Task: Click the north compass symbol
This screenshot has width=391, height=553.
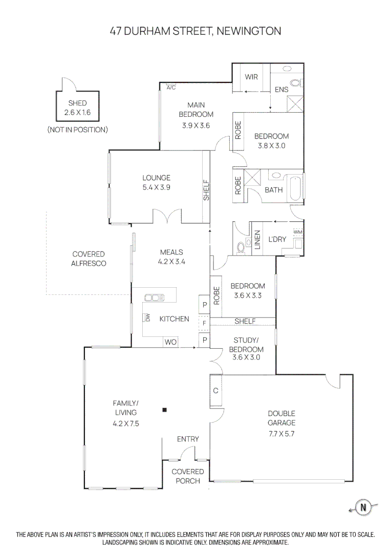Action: tap(364, 507)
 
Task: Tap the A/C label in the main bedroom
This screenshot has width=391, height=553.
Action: tap(171, 88)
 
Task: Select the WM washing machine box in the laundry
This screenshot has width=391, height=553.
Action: tap(297, 232)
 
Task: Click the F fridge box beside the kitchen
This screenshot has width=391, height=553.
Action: tap(204, 324)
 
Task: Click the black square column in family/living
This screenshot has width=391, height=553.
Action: tap(164, 410)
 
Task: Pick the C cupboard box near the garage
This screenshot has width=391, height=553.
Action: tap(216, 391)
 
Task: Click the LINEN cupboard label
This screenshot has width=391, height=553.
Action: tap(257, 240)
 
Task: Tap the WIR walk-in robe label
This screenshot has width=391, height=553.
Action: tap(251, 77)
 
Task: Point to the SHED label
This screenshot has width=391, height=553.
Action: tap(77, 103)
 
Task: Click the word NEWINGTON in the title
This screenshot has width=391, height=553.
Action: tap(249, 31)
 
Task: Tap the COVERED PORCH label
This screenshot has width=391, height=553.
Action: tap(187, 476)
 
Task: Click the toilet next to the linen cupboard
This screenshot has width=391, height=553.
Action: tap(241, 247)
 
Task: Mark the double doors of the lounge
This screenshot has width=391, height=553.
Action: tap(167, 216)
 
